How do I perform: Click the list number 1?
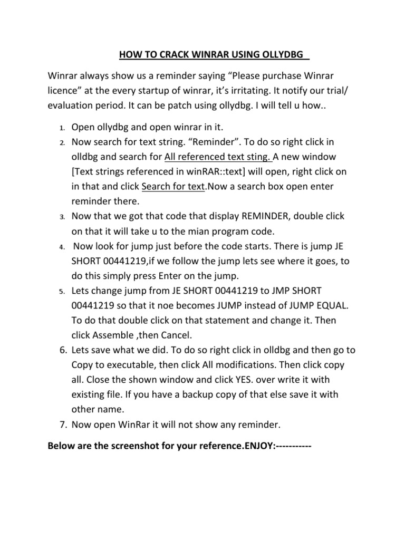pyautogui.click(x=62, y=128)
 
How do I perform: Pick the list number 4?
pyautogui.click(x=62, y=247)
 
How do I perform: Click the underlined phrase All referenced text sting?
pyautogui.click(x=218, y=157)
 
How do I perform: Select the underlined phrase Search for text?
pyautogui.click(x=172, y=187)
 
